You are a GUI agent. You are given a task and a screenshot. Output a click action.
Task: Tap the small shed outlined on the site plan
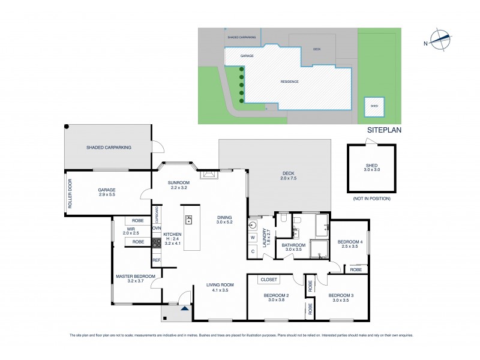(374, 106)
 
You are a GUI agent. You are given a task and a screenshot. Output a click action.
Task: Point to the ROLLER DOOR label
(70, 194)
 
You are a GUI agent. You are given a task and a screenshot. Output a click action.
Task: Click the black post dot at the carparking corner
(67, 127)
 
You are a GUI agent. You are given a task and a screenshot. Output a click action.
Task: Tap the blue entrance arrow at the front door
(185, 308)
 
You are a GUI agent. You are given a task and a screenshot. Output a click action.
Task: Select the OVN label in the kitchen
(156, 228)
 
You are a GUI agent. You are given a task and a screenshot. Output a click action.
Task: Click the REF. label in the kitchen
(156, 260)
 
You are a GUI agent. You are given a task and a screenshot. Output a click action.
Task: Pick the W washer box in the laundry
(253, 236)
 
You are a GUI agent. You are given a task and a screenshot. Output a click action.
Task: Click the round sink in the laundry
(253, 226)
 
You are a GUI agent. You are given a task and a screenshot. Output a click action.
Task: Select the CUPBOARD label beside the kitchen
(157, 214)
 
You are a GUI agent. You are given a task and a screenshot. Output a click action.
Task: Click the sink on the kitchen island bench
(188, 220)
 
